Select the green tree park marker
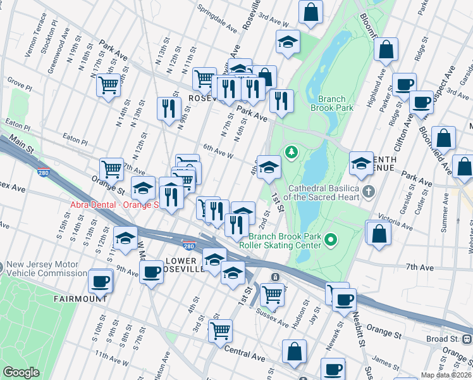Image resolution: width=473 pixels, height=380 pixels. [x=292, y=152]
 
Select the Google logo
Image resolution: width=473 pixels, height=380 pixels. [x=21, y=372]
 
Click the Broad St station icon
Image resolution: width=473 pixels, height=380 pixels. [x=467, y=339]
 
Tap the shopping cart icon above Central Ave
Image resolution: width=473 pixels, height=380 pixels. [x=220, y=329]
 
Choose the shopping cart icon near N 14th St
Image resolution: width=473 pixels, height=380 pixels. [x=108, y=84]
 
